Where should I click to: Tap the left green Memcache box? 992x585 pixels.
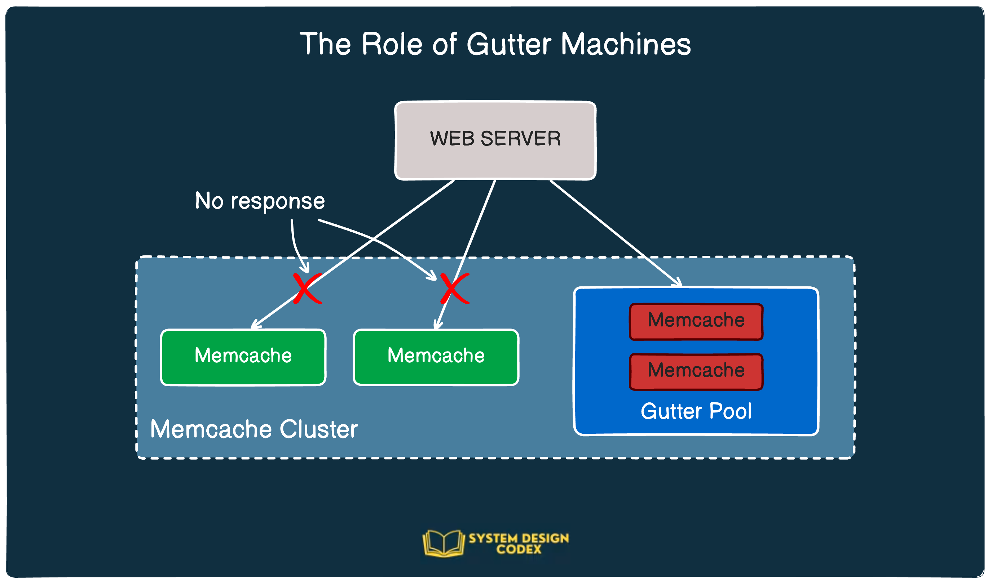[243, 357]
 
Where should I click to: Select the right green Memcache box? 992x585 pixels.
[436, 357]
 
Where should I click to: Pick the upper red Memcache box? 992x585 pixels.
[696, 322]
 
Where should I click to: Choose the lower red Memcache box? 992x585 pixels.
[696, 372]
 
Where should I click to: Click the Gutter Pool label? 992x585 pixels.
[696, 411]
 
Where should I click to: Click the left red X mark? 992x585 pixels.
[307, 289]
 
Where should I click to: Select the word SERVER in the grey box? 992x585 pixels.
[520, 139]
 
